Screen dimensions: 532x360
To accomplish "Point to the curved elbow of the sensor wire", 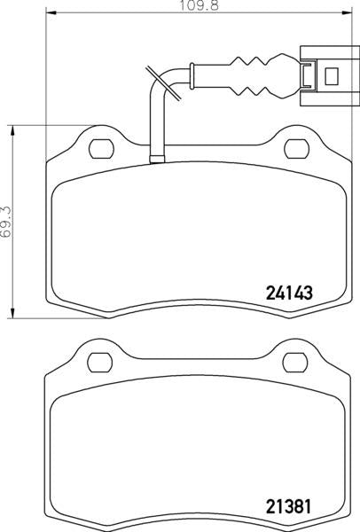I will coord(160,84).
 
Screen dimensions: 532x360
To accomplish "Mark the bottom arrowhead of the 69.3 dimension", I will coord(12,314).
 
